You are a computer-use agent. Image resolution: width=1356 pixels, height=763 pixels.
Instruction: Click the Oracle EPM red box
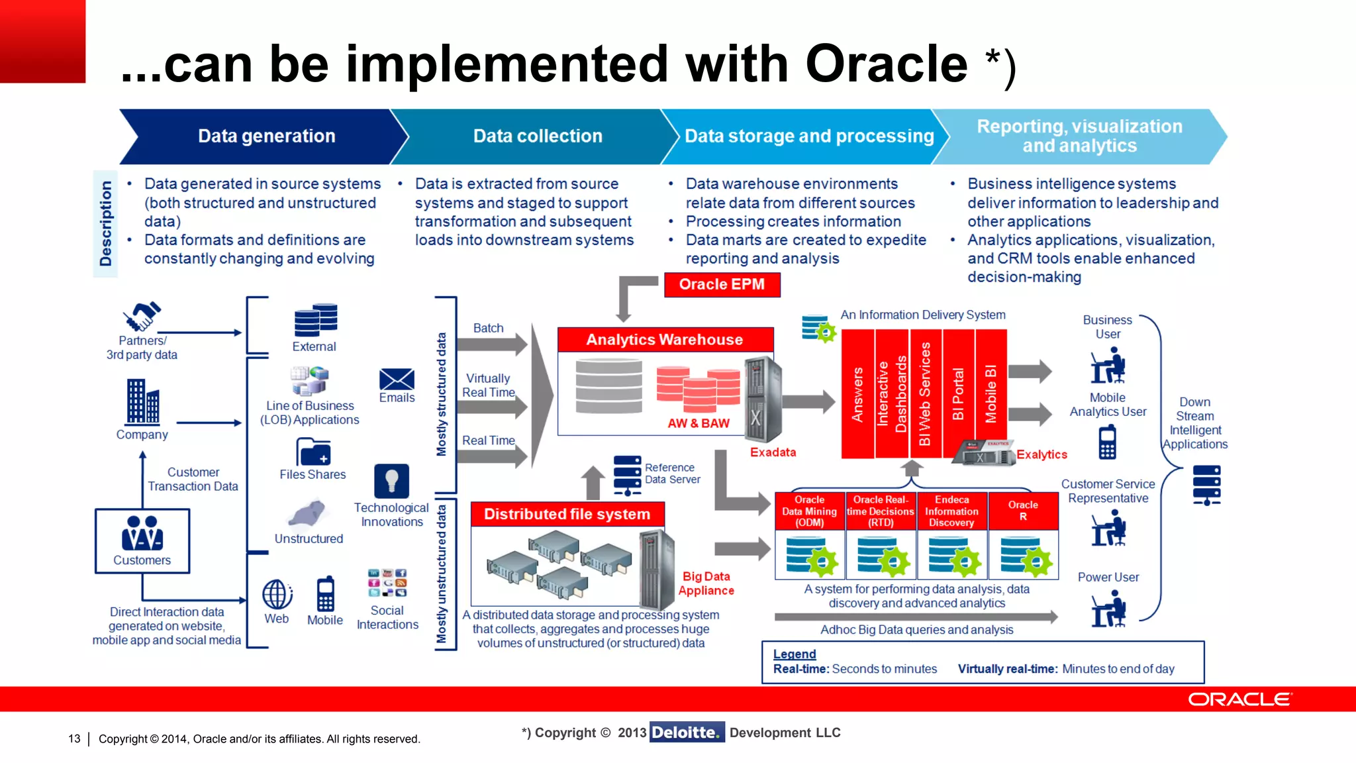tap(722, 285)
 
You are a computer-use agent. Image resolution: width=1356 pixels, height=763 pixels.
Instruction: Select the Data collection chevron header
tap(537, 136)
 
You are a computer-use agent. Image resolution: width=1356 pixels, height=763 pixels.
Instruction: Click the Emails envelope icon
tap(397, 380)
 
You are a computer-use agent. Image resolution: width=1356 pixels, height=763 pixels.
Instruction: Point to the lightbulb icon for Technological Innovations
tap(391, 480)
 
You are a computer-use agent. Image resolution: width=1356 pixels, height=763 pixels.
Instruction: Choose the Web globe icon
tap(277, 594)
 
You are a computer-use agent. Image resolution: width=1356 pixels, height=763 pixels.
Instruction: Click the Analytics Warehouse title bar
tap(665, 340)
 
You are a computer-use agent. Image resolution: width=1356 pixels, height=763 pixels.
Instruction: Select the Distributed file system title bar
tap(567, 515)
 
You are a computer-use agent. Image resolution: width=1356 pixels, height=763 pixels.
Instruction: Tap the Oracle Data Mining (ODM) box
tap(809, 511)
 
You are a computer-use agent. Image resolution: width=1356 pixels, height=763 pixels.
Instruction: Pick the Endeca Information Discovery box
tap(951, 511)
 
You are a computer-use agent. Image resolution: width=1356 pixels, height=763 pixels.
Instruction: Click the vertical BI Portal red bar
tap(958, 394)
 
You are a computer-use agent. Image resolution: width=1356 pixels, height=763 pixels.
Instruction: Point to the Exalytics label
tap(1041, 454)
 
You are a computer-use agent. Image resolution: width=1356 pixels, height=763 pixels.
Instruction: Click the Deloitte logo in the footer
tap(687, 733)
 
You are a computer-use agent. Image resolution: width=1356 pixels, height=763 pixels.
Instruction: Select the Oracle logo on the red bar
tap(1239, 699)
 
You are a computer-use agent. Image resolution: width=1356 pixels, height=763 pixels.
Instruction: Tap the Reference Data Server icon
tap(626, 475)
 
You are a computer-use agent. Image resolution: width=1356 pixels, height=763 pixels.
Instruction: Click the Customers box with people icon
tap(142, 540)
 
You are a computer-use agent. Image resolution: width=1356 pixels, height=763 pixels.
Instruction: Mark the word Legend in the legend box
tap(794, 654)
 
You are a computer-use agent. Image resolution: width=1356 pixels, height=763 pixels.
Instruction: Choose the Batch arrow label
tap(488, 329)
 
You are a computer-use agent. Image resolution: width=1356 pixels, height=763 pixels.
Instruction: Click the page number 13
tap(74, 738)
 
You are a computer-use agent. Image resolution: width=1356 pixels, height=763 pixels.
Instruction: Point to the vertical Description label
tap(105, 224)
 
